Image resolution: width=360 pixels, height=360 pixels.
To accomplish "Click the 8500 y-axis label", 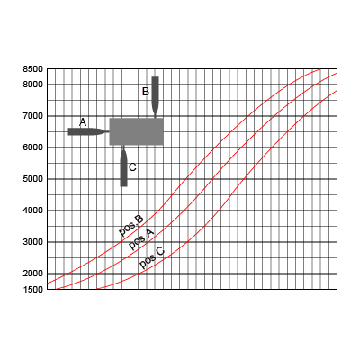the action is point(33,69).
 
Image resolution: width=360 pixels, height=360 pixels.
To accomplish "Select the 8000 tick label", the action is point(33,85).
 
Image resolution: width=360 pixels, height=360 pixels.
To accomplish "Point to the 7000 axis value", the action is point(33,116).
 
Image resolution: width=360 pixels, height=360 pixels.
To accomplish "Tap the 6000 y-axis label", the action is point(33,148).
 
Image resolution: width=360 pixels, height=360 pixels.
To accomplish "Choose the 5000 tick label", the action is point(33,179).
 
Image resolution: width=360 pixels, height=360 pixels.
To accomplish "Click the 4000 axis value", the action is point(33,211).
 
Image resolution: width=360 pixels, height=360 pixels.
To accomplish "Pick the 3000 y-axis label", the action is point(33,242).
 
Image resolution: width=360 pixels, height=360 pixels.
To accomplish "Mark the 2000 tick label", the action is point(33,274).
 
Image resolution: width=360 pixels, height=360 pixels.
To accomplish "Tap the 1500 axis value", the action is point(33,290).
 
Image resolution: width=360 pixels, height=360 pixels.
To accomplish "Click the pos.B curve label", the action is point(131,226).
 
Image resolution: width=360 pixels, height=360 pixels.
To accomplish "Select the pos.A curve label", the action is point(141,238).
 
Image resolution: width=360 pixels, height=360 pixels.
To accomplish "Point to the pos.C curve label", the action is point(152,257).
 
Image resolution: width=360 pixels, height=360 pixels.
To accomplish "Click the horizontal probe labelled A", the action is point(89,131).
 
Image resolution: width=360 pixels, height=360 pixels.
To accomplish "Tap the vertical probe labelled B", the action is point(155,96).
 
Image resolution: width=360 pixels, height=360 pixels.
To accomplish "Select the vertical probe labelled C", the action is point(123,166).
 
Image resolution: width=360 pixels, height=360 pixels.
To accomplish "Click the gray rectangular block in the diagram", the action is point(137,131).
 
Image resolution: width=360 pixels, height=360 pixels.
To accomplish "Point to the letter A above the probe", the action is point(83,122).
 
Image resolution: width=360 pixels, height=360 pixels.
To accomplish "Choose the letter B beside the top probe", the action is point(146,92).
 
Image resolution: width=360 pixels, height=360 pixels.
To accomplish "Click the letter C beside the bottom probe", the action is point(132,167).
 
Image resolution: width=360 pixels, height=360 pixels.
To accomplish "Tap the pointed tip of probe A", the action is point(109,131).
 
